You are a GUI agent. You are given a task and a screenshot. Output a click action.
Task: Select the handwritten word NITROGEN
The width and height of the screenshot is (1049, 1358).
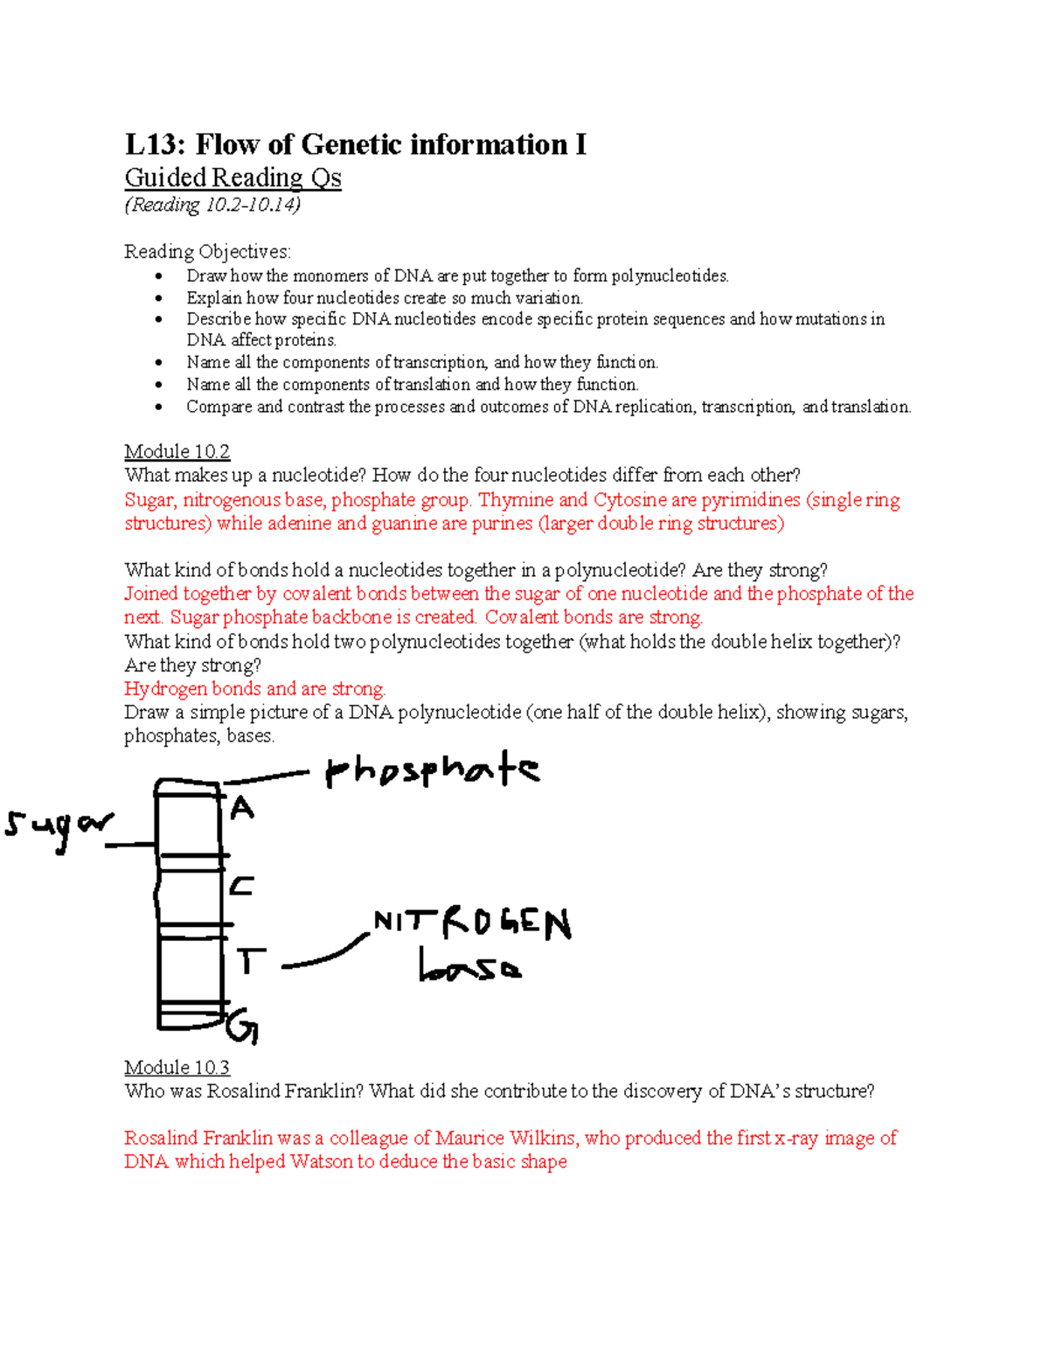coord(472,925)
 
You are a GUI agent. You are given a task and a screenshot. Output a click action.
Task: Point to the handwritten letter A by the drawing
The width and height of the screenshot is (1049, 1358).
coord(242,808)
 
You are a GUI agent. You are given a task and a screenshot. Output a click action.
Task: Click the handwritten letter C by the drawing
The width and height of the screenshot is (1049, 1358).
coord(241,886)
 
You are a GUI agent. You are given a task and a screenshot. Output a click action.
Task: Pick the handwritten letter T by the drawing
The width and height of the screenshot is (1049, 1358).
coord(251,960)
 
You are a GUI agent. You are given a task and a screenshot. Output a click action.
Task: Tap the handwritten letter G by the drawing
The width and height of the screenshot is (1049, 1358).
coord(242,1027)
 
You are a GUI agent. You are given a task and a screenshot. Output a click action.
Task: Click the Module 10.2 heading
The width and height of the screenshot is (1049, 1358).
coord(177,451)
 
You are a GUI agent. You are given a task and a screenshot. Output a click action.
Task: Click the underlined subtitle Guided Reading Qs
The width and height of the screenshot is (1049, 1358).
coord(233,178)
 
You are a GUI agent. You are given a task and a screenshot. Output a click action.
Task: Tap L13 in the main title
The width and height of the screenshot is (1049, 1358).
coord(156,144)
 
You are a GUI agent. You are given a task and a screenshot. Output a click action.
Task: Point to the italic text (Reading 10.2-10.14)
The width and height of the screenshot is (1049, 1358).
coord(212,205)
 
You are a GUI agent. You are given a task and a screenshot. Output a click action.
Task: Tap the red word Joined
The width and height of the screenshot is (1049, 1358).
coord(151,594)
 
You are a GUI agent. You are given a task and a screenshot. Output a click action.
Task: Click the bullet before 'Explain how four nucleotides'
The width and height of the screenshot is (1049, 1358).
coord(159,298)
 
